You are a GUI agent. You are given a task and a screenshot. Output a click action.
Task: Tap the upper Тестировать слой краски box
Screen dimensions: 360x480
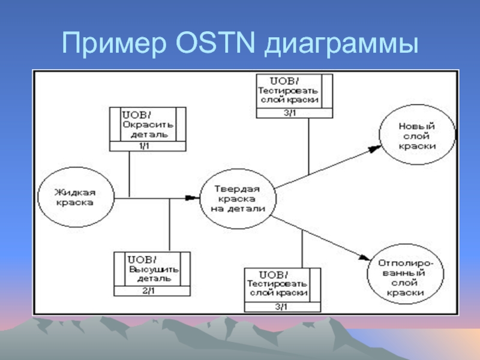click(x=293, y=91)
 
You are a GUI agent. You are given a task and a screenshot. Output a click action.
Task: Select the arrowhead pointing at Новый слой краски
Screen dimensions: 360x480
click(x=373, y=151)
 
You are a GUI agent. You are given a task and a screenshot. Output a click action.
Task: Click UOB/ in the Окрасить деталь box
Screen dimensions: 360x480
click(x=135, y=114)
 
